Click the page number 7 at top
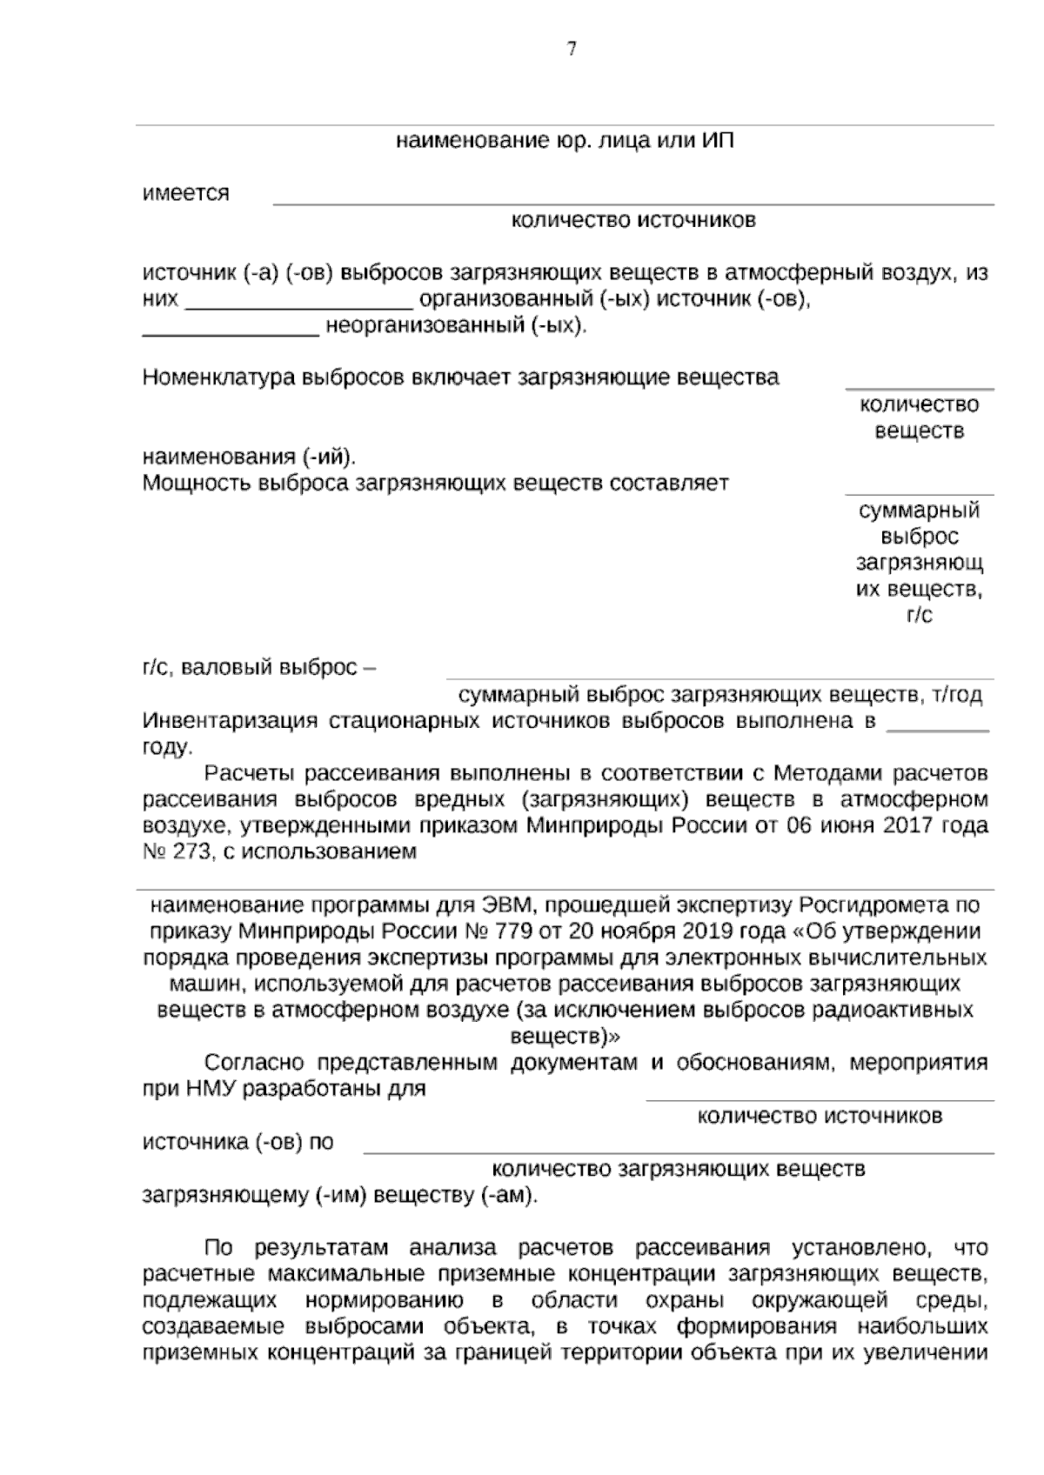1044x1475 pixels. pos(572,50)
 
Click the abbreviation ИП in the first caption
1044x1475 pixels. pos(718,141)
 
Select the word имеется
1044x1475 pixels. pos(186,193)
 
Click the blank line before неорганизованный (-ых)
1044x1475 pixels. pos(231,333)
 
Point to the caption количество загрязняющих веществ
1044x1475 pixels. pos(679,1170)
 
